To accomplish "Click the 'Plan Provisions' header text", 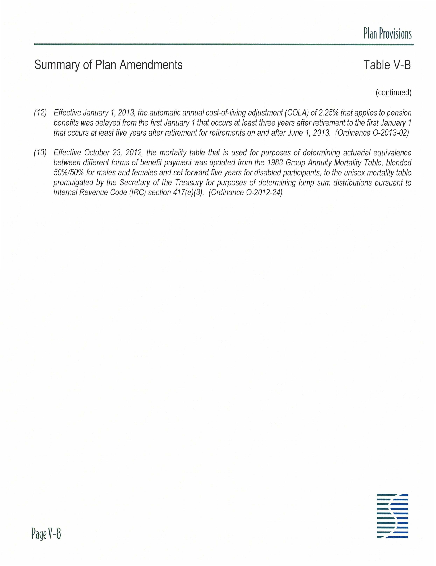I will point(387,34).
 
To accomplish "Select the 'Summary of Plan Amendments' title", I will point(108,65).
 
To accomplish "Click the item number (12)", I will point(40,113).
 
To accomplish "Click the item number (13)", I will point(40,153).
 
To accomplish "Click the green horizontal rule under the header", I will point(224,45).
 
